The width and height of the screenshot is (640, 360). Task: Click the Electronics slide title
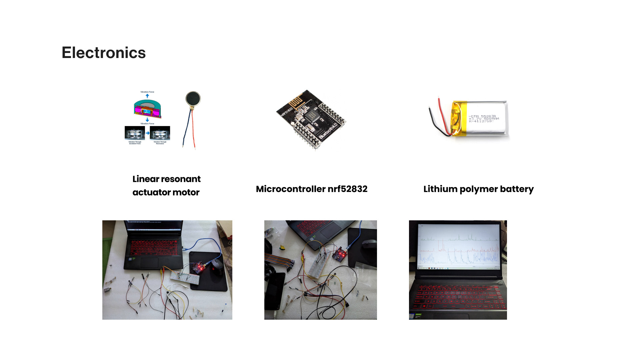tap(104, 53)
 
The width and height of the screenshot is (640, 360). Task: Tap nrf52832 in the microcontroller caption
tap(347, 189)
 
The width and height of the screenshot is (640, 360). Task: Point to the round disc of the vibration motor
tap(193, 99)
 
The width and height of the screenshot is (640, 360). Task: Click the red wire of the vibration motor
tap(193, 133)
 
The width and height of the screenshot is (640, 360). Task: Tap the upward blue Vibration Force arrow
tap(147, 96)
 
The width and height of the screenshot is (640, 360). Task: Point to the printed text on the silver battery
tap(483, 119)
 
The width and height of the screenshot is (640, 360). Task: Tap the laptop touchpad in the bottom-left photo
tap(149, 262)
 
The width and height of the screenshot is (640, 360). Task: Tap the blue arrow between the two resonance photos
tap(147, 133)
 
